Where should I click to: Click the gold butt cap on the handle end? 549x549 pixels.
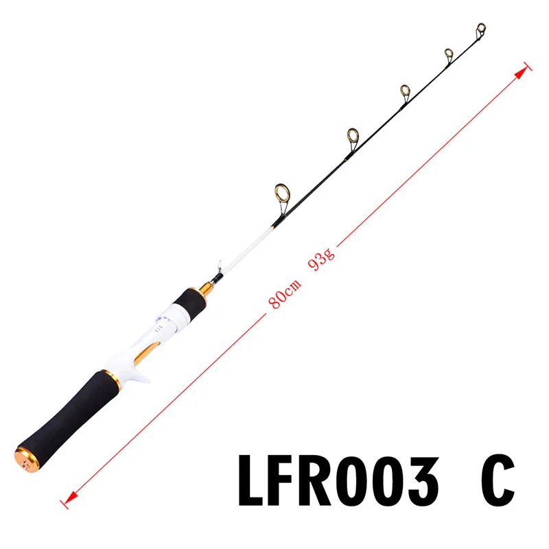[x=27, y=459]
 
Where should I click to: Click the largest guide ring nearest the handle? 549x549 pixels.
[x=282, y=194]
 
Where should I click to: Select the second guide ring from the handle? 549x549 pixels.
[x=353, y=136]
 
